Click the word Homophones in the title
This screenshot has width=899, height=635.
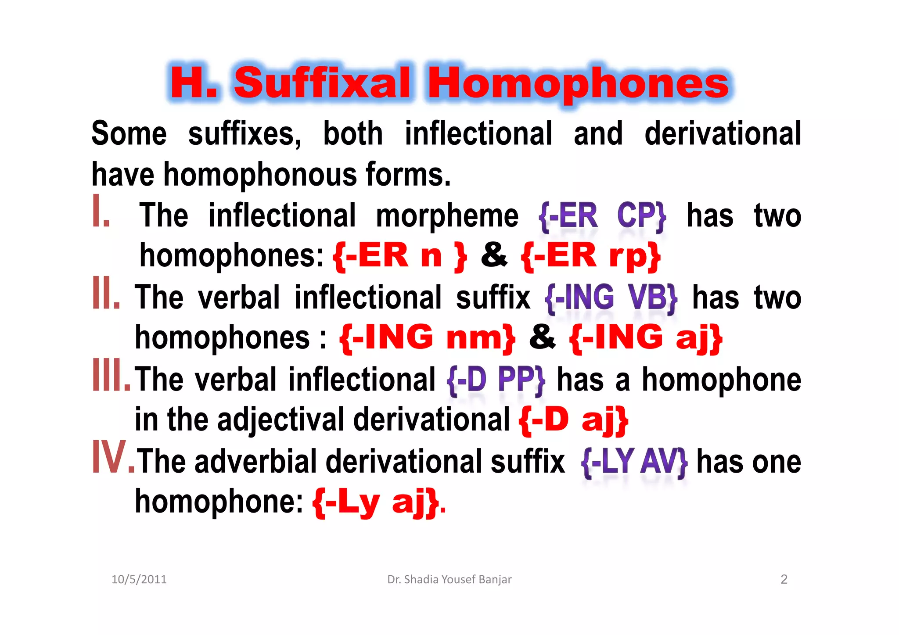point(578,83)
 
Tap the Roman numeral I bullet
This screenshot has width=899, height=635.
point(101,212)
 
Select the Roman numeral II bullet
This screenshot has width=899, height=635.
point(106,293)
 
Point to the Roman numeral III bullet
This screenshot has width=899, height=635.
point(111,375)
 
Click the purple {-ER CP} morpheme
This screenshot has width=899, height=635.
point(602,216)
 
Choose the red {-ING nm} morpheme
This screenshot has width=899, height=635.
point(427,337)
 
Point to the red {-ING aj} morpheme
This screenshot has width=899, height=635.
point(645,337)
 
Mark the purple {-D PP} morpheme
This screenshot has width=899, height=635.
point(496,380)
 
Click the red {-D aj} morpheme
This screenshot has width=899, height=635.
point(573,420)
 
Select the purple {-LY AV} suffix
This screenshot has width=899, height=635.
point(634,462)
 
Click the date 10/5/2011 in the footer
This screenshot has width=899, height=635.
point(139,580)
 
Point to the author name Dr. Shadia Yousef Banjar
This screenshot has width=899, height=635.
point(449,580)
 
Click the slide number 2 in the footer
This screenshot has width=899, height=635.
point(784,580)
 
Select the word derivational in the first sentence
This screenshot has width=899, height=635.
point(723,133)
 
